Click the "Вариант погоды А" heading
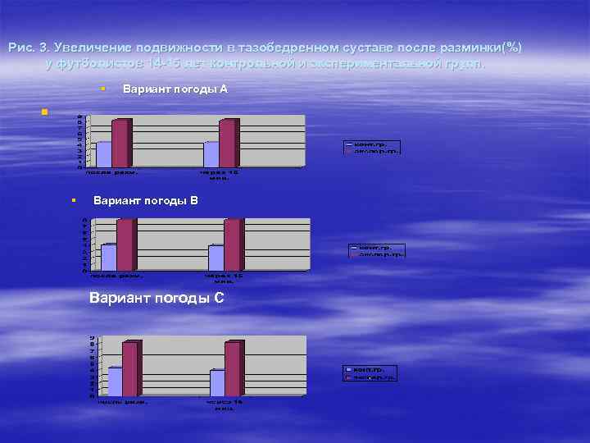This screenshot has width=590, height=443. (175, 89)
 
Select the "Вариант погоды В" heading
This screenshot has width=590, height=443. (146, 200)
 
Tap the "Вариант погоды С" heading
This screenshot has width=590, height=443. (156, 298)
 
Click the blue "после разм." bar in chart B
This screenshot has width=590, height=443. (108, 257)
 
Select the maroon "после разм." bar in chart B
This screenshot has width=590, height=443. (125, 244)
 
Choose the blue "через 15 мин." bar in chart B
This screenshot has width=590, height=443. (216, 257)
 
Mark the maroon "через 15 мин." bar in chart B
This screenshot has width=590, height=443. (232, 244)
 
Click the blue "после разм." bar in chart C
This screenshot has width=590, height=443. (115, 381)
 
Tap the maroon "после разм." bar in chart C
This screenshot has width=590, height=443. (129, 368)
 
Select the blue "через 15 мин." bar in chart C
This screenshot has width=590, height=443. (217, 382)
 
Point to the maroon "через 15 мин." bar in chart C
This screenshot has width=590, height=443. (232, 368)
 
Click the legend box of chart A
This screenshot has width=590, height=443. (370, 148)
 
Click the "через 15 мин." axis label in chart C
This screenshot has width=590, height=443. (225, 404)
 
